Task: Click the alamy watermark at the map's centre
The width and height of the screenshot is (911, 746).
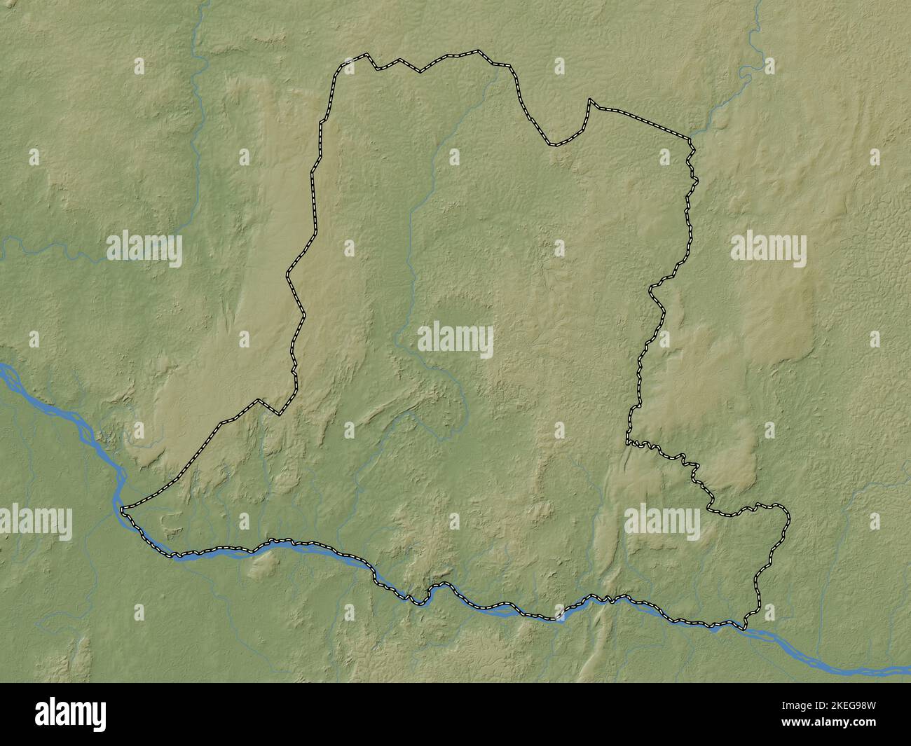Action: (x=455, y=341)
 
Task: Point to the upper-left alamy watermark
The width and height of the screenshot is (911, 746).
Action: (x=144, y=248)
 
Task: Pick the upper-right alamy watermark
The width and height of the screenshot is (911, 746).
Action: (x=768, y=248)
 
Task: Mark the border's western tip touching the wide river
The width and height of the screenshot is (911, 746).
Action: (x=123, y=508)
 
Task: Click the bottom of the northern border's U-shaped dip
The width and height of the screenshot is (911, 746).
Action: (x=554, y=145)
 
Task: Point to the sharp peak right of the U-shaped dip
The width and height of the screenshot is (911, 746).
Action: (x=590, y=101)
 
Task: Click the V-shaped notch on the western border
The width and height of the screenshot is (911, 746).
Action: (x=279, y=414)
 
